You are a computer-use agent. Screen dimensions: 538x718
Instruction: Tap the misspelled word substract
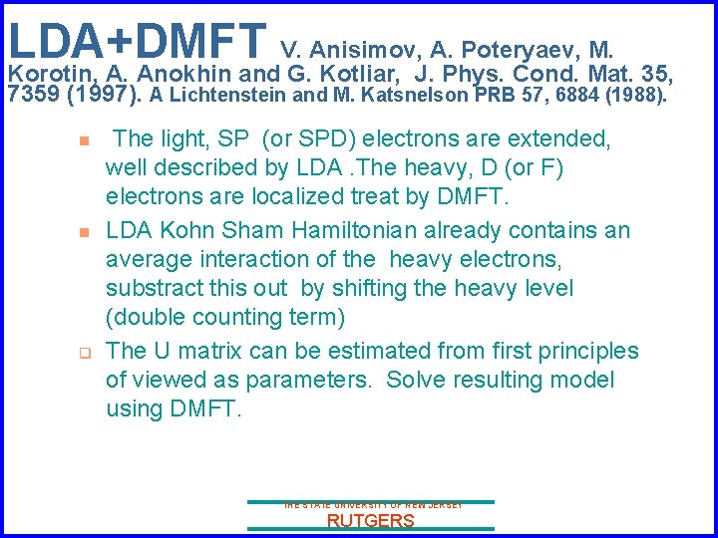tap(155, 288)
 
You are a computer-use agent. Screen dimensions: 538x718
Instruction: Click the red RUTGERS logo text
tap(370, 521)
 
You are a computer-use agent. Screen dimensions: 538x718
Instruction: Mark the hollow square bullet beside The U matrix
tap(86, 352)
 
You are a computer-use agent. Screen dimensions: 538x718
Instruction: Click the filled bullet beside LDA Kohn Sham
tap(86, 231)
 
